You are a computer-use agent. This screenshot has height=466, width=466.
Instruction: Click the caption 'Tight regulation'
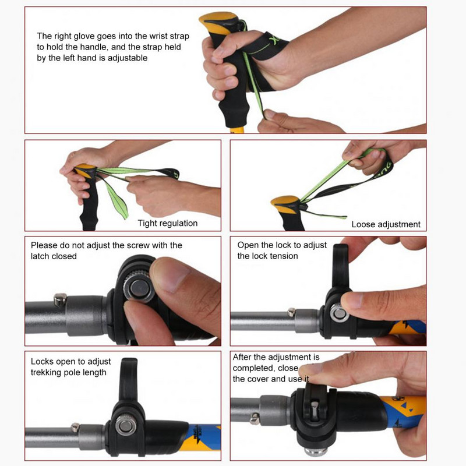tap(168, 223)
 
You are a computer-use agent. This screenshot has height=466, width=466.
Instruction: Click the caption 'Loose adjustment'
tap(386, 224)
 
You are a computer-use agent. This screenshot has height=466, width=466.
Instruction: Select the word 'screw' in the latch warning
tap(138, 245)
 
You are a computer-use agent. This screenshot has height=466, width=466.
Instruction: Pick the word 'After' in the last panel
tap(242, 357)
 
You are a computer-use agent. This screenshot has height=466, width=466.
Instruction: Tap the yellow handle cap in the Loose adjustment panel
tap(286, 204)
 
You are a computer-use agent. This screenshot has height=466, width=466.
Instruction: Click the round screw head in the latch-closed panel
tap(139, 288)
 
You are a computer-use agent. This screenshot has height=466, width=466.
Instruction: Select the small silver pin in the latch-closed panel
tap(61, 299)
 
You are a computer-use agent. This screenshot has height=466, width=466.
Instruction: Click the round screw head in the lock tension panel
tap(339, 313)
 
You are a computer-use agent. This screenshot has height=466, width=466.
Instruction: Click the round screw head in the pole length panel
tap(126, 425)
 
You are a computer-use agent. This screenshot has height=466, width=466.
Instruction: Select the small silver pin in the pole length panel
tap(75, 427)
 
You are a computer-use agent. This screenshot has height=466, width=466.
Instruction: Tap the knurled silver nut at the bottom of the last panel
tap(316, 451)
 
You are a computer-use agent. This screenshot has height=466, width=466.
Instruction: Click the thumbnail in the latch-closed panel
tap(170, 275)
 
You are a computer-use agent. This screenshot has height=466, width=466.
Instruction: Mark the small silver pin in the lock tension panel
tap(292, 312)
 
